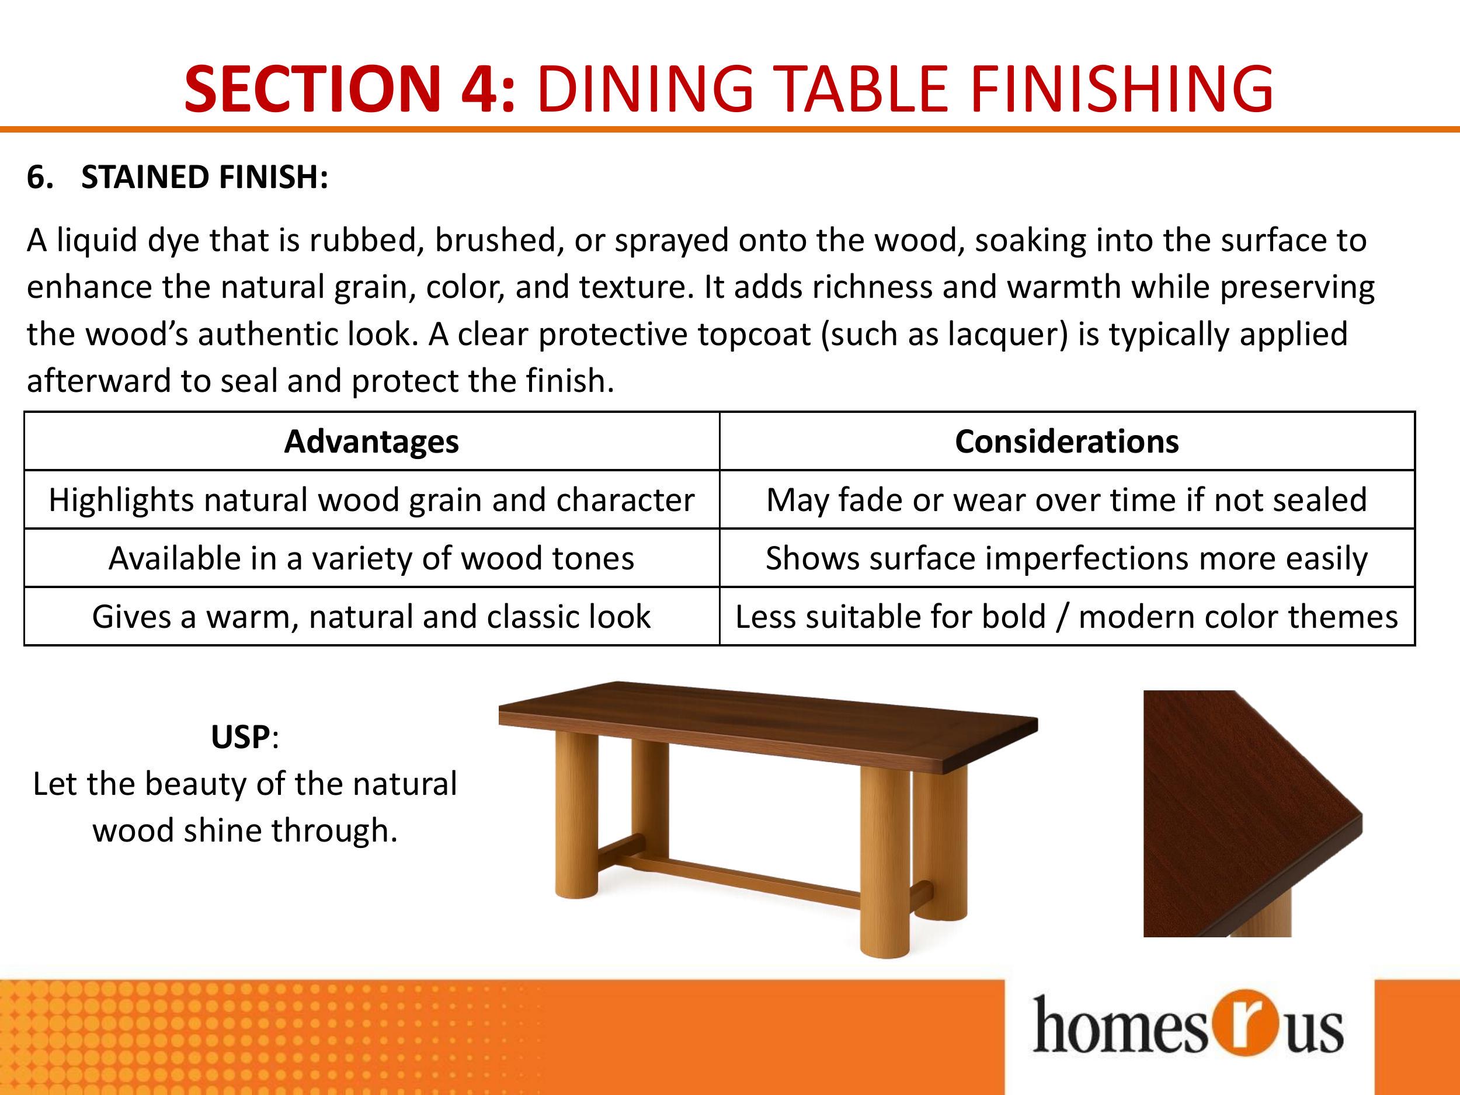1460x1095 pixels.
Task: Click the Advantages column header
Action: [x=371, y=441]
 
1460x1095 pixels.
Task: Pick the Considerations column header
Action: [x=1066, y=441]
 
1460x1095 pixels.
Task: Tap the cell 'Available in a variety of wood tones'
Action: [x=371, y=558]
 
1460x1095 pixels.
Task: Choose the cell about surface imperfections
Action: [x=1066, y=558]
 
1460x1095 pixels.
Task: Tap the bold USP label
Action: [x=240, y=736]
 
